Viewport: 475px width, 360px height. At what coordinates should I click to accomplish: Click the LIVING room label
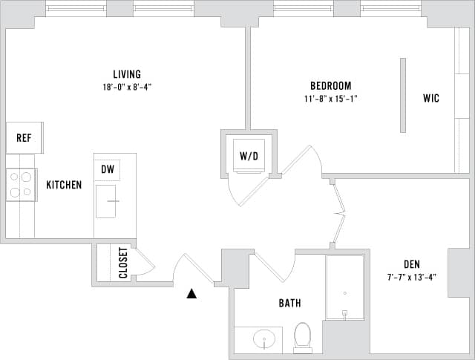point(127,74)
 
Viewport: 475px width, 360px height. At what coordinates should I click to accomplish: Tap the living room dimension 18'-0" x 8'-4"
point(127,87)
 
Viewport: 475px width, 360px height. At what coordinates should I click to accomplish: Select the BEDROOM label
point(330,85)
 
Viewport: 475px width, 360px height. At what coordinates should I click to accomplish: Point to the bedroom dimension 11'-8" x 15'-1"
point(330,98)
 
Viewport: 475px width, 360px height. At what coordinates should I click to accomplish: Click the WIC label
point(430,98)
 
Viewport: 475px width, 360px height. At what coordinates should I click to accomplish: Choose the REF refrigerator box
point(24,138)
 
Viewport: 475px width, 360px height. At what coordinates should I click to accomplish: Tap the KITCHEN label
point(64,185)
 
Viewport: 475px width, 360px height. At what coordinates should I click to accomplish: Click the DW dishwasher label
point(108,170)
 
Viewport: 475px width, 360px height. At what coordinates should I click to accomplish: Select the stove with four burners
point(21,185)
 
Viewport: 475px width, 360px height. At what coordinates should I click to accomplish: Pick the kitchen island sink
point(105,201)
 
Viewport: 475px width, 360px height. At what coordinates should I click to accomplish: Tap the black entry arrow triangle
point(191,294)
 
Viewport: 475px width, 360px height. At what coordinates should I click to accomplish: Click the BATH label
point(289,303)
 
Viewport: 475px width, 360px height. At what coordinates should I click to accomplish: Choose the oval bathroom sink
point(263,340)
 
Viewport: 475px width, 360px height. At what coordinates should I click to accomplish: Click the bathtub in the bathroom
point(344,287)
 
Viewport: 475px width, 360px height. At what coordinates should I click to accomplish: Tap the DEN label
point(412,264)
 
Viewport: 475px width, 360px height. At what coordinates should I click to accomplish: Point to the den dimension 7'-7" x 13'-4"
point(412,277)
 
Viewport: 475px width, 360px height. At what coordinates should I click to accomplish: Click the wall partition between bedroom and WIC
point(403,95)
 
